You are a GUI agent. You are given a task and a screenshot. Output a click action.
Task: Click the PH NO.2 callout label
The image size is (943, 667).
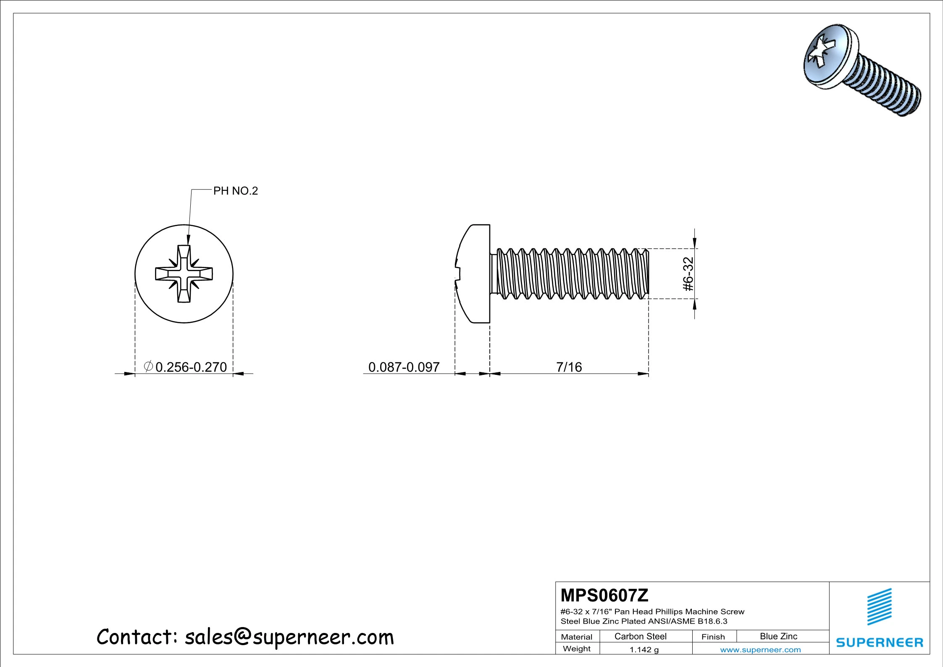(235, 191)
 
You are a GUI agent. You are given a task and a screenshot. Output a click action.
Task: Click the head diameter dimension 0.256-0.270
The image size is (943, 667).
(191, 367)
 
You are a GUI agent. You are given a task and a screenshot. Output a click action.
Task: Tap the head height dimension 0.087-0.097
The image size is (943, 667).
(404, 367)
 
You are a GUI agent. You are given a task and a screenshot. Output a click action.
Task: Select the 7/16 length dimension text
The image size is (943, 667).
(569, 367)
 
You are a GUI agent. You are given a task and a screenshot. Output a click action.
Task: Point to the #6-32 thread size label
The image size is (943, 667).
(688, 274)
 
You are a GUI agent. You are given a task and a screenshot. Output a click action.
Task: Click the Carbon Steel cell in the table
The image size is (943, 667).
(640, 636)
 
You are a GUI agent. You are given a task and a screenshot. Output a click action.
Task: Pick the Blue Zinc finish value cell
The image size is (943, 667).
(778, 636)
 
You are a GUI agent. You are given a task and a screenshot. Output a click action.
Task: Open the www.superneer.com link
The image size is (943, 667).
(760, 650)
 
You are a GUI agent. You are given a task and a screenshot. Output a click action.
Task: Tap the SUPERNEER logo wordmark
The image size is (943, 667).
(880, 643)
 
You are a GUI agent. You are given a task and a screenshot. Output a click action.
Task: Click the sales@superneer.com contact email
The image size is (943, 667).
(289, 637)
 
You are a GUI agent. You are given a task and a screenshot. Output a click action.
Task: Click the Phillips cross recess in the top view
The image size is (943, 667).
(184, 274)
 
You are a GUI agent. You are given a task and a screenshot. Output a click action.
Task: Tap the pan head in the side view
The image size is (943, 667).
(475, 274)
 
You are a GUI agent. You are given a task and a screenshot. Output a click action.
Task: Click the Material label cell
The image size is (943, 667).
(576, 637)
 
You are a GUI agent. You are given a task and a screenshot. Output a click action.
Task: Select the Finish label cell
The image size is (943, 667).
(713, 637)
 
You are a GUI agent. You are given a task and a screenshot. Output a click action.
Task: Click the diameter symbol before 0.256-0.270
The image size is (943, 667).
(148, 366)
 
